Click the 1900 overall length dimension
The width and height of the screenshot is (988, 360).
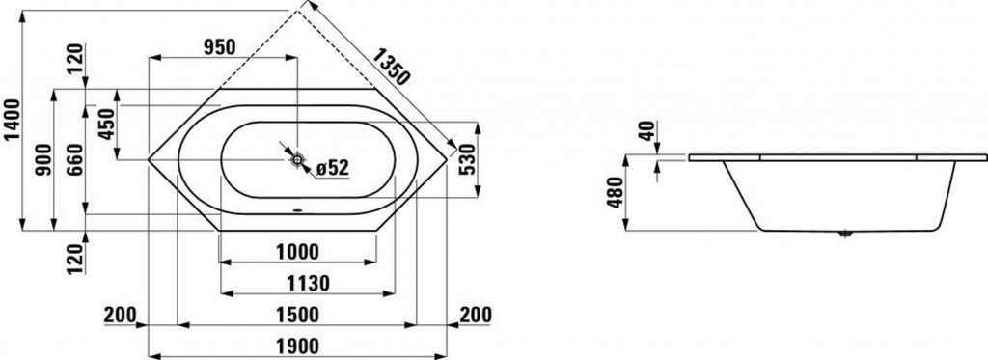point(297,346)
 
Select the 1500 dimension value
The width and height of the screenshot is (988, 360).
point(297,314)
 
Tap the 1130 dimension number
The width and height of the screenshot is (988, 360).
point(308,284)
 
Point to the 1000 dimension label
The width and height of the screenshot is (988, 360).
point(297,252)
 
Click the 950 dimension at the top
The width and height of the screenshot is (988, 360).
point(219,46)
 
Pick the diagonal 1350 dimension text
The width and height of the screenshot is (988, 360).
point(391,67)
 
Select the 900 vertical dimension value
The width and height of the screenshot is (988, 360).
point(43,160)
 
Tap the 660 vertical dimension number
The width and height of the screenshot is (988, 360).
point(74,160)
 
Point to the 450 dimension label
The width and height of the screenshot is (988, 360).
point(106,125)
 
